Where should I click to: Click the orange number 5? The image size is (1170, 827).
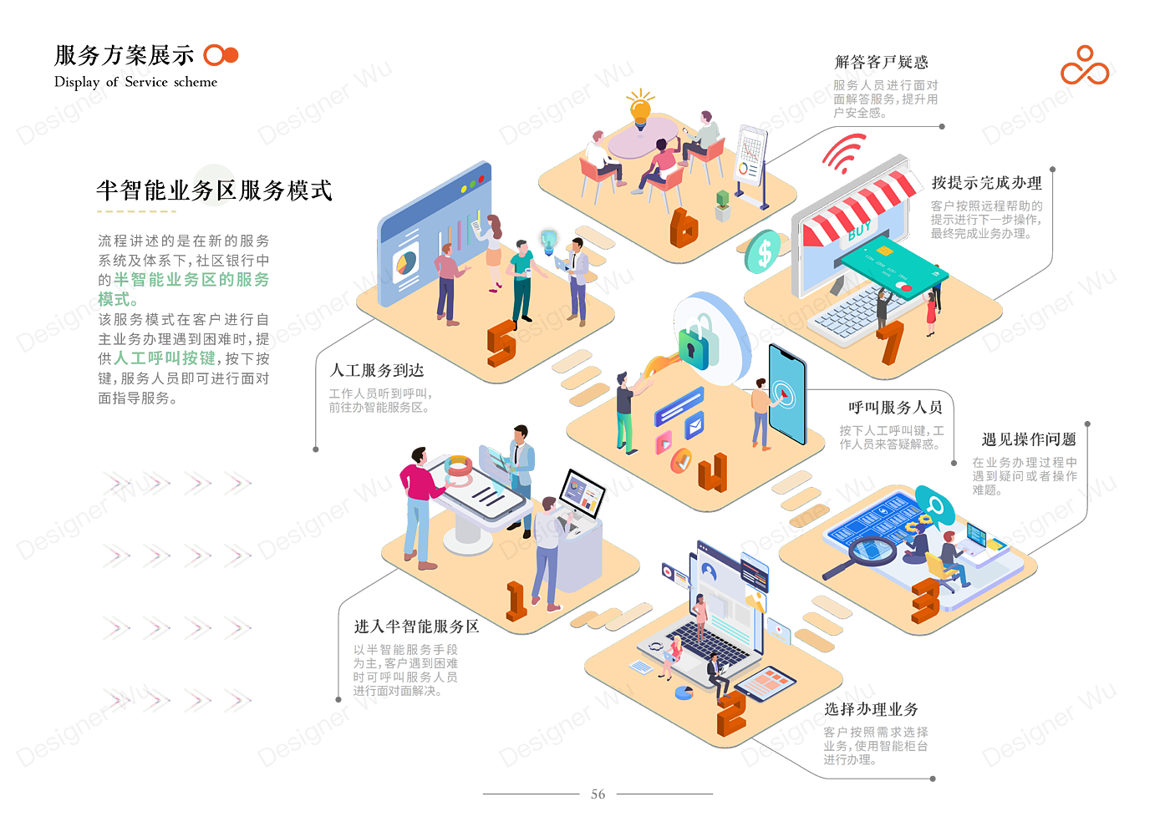[501, 342]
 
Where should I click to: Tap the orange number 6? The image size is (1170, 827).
[684, 227]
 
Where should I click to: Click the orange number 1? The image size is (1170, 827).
[516, 601]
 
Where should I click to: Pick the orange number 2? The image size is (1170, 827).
[730, 713]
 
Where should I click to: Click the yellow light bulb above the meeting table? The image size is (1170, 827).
[640, 107]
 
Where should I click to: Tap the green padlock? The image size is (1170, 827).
[699, 342]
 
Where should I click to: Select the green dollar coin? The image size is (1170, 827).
[762, 251]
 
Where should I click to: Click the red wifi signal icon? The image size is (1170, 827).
[842, 154]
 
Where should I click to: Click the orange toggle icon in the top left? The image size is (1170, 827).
[220, 55]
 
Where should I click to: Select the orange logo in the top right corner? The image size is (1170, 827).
[1085, 66]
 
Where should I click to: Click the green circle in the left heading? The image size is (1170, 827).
[215, 185]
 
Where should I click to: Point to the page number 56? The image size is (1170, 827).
[598, 794]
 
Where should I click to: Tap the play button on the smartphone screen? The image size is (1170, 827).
[783, 393]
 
